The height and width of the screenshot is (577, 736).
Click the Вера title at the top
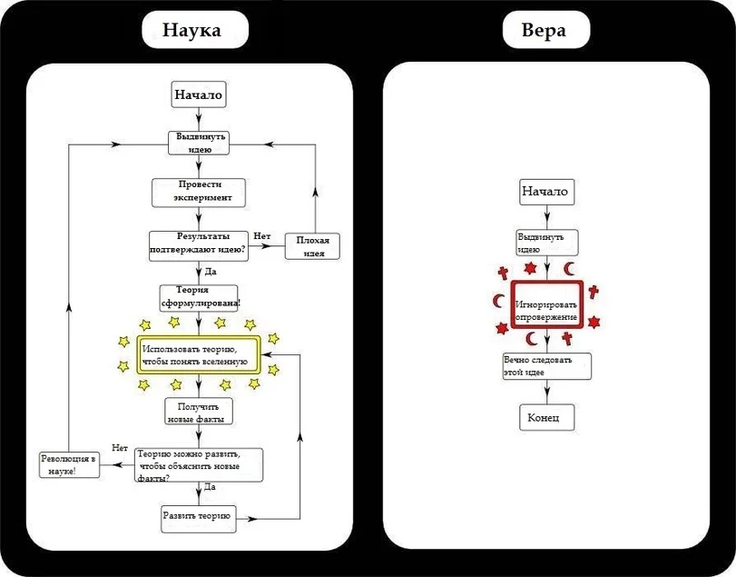[x=545, y=30]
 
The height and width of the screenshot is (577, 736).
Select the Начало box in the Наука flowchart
[x=198, y=95]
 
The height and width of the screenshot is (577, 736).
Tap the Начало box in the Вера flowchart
[x=545, y=192]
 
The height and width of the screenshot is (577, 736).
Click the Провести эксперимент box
[x=198, y=191]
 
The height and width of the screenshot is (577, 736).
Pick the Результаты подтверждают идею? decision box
[x=198, y=244]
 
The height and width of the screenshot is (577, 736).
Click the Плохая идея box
[x=313, y=245]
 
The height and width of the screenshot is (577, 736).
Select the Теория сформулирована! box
[x=199, y=296]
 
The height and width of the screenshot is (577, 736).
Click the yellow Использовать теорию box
[x=199, y=355]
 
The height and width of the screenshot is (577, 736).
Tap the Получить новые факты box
[x=199, y=412]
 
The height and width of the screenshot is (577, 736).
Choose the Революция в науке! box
[x=69, y=464]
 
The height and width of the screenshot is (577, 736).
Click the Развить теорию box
[x=198, y=517]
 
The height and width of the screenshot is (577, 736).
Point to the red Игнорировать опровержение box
[x=545, y=310]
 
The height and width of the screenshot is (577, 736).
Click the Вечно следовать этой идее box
[x=546, y=366]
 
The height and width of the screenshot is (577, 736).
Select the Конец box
[x=545, y=418]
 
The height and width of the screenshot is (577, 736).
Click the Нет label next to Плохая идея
[x=262, y=236]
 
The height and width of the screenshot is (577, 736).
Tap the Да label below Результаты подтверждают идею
[x=211, y=271]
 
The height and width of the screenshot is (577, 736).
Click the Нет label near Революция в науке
[x=120, y=447]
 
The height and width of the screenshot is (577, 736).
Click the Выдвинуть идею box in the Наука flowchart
[x=198, y=143]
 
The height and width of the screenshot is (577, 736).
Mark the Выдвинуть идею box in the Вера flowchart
[x=545, y=243]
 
